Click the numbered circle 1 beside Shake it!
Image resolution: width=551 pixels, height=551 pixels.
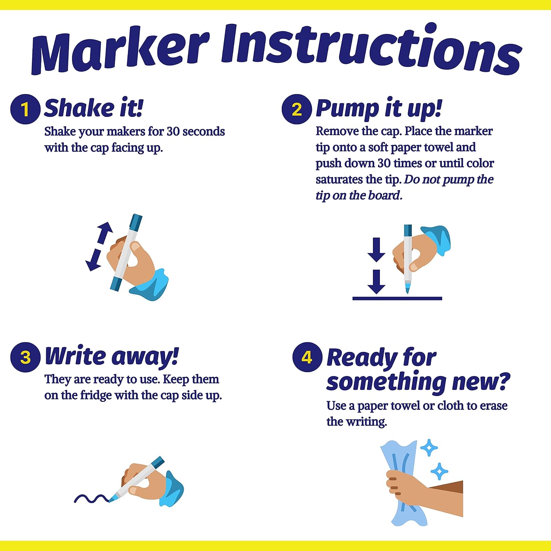pyautogui.click(x=25, y=109)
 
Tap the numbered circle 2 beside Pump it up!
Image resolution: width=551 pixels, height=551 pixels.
pyautogui.click(x=297, y=109)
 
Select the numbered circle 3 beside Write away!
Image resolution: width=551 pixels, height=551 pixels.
pyautogui.click(x=25, y=357)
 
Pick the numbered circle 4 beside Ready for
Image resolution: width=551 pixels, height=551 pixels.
pyautogui.click(x=307, y=357)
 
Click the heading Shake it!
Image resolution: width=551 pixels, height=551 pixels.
pyautogui.click(x=94, y=108)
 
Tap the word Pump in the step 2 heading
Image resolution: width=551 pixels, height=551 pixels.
pyautogui.click(x=347, y=109)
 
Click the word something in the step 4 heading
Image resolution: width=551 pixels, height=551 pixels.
pyautogui.click(x=386, y=382)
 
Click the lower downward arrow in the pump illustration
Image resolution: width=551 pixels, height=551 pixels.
pyautogui.click(x=377, y=282)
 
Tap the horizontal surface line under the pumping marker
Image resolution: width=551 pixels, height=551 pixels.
pyautogui.click(x=397, y=298)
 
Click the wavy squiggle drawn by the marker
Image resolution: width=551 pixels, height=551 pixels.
pyautogui.click(x=91, y=498)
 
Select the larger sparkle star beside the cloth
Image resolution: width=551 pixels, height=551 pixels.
pyautogui.click(x=429, y=448)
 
